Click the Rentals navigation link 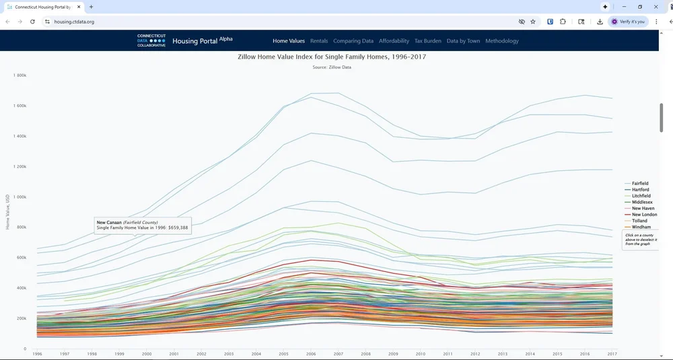coord(319,41)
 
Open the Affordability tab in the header coord(394,41)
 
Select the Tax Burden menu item coord(427,41)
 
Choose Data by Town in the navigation coord(463,41)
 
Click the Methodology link coord(502,41)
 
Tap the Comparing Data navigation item coord(353,41)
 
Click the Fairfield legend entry coord(639,184)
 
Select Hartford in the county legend coord(640,190)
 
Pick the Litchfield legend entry coord(641,196)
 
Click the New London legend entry coord(644,215)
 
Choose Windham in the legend coord(641,227)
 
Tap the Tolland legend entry coord(639,221)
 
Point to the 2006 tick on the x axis coord(311,354)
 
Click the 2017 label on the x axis coord(611,354)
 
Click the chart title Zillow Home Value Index coord(332,57)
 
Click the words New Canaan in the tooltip coord(110,222)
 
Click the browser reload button coord(32,22)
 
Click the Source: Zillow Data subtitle coord(332,67)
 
